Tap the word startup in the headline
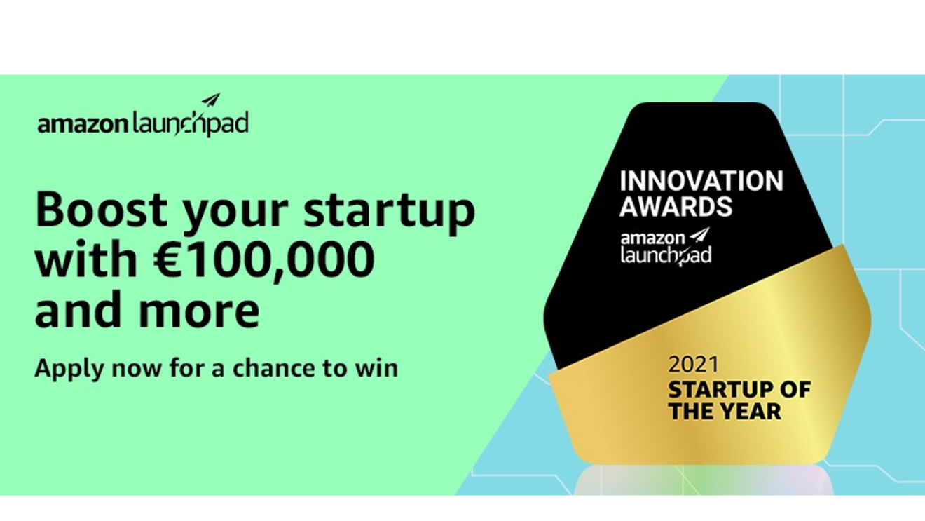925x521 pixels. (x=390, y=212)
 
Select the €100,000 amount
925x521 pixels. (x=264, y=260)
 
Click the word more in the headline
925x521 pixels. (x=200, y=310)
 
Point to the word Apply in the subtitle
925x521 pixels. (x=69, y=369)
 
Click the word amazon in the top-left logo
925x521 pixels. (x=83, y=125)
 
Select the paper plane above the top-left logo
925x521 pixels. (x=211, y=100)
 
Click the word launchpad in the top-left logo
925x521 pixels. (x=191, y=123)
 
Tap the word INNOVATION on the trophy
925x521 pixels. (x=701, y=181)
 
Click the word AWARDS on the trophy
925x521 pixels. (x=676, y=206)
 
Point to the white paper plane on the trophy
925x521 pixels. (x=699, y=235)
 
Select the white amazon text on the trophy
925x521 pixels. (x=652, y=239)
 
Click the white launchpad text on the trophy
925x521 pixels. (x=666, y=255)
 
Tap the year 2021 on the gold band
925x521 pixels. (x=693, y=365)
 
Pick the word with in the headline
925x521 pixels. (x=86, y=260)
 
